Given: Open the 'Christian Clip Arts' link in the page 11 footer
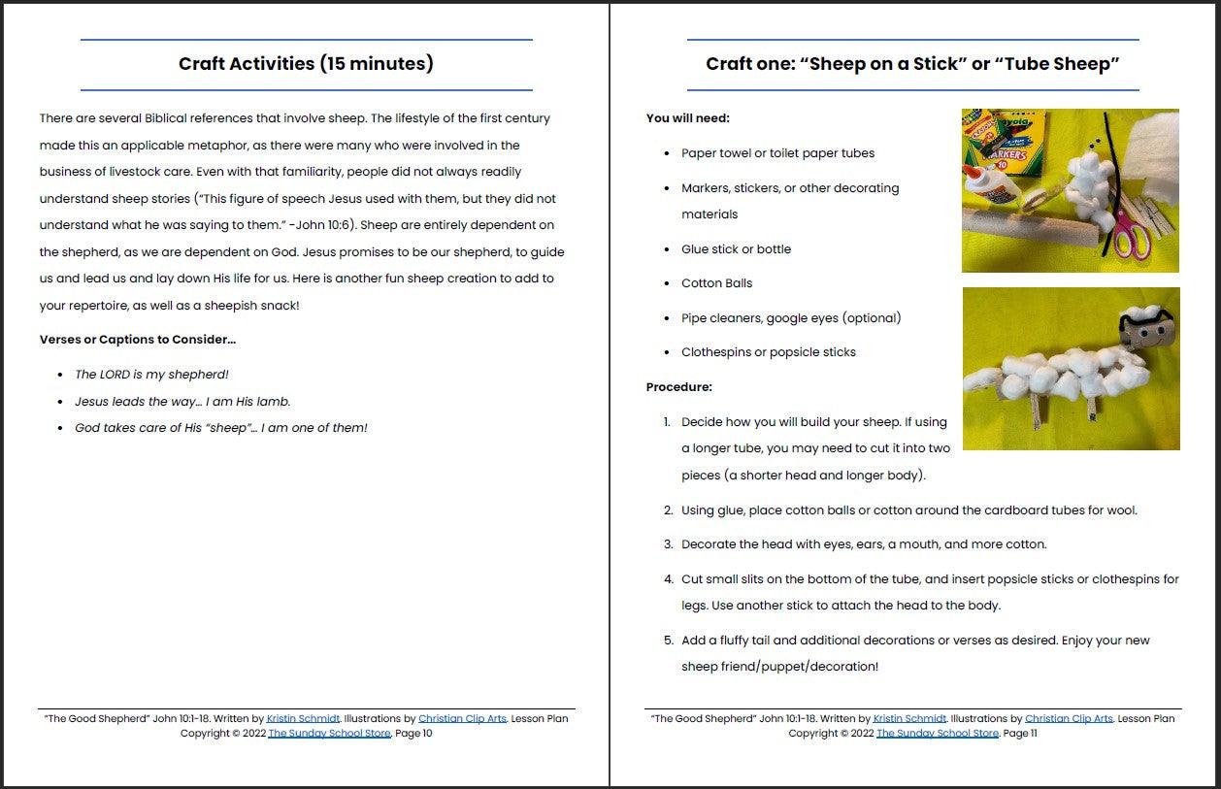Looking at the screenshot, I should pyautogui.click(x=1069, y=719).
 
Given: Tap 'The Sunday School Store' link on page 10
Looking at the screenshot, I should pyautogui.click(x=329, y=734).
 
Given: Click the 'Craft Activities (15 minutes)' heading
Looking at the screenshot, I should pyautogui.click(x=306, y=64).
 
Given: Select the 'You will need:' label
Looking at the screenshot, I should pyautogui.click(x=688, y=118).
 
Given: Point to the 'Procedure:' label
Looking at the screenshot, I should pyautogui.click(x=679, y=387).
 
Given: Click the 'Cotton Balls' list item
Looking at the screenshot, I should pyautogui.click(x=716, y=283).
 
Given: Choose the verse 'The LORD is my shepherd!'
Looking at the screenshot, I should pyautogui.click(x=151, y=375).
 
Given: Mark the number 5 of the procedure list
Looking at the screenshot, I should pyautogui.click(x=668, y=641).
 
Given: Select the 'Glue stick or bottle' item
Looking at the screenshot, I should pyautogui.click(x=736, y=249).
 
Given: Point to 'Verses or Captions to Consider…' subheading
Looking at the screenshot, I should pyautogui.click(x=138, y=340).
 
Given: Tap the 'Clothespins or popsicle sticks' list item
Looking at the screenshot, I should pyautogui.click(x=768, y=352).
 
